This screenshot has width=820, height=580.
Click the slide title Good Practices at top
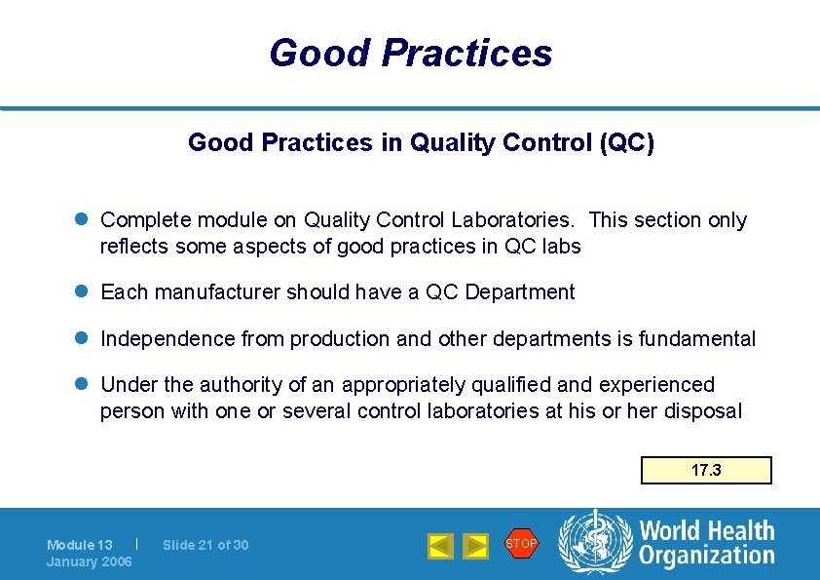pos(410,53)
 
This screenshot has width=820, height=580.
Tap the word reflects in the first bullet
pos(134,247)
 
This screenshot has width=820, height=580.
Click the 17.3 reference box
pos(706,470)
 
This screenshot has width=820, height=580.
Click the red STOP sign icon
pos(521,543)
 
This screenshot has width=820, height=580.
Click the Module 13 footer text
pos(80,545)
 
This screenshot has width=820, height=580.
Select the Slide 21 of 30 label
pos(205,545)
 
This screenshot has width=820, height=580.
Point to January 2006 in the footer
pos(90,562)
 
